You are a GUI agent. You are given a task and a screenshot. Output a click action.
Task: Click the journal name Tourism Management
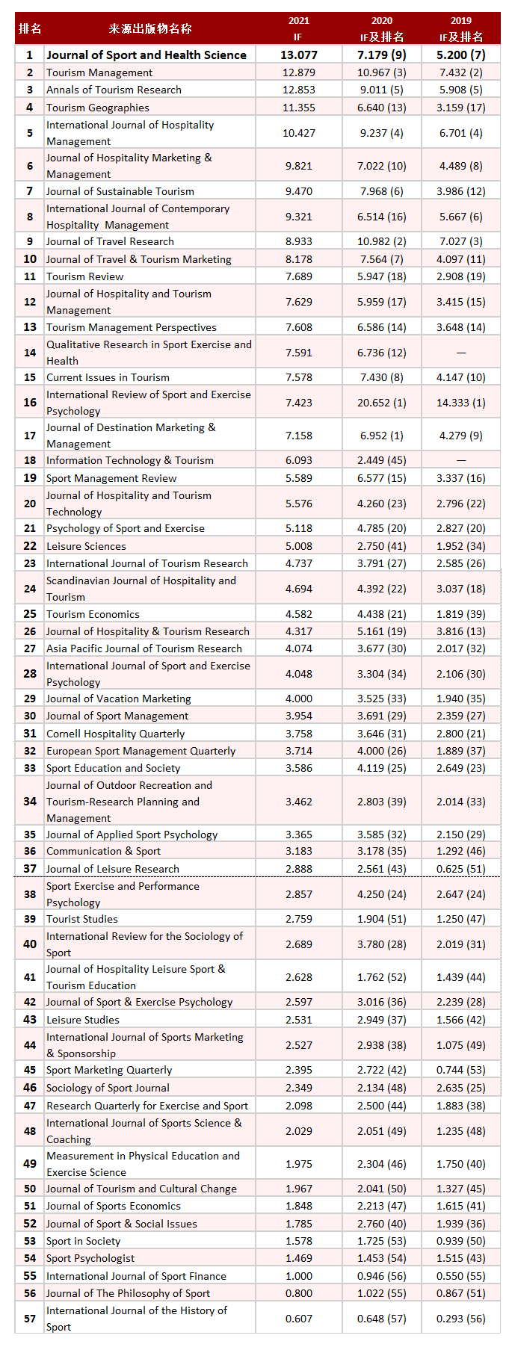click(99, 72)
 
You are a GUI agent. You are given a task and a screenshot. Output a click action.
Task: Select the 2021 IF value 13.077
click(299, 55)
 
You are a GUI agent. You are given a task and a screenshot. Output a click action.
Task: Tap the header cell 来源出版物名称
click(149, 29)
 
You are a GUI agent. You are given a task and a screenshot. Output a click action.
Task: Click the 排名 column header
click(30, 29)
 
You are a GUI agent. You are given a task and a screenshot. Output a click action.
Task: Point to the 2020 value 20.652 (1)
click(381, 403)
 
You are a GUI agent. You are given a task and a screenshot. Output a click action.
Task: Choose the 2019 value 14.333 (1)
click(460, 403)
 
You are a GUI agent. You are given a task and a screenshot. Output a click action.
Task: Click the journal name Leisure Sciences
click(86, 546)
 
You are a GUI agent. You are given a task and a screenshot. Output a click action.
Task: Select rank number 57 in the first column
click(30, 1319)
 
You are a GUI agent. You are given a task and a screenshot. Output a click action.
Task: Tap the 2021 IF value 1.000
click(299, 1276)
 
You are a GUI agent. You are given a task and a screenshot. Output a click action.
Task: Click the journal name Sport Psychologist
click(90, 1258)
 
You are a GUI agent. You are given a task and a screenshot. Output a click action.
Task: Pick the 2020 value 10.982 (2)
click(381, 241)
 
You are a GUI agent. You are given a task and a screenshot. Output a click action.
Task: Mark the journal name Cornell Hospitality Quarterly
click(115, 734)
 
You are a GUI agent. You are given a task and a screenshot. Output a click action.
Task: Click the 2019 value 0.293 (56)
click(460, 1319)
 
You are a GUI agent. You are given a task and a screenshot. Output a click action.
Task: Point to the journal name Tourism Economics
click(93, 614)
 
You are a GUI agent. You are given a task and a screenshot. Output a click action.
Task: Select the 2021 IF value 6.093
click(299, 460)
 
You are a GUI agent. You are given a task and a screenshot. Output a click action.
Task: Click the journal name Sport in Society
click(83, 1241)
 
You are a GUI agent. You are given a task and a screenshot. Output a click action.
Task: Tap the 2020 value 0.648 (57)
click(381, 1319)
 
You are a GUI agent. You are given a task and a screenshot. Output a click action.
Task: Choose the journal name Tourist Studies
click(82, 919)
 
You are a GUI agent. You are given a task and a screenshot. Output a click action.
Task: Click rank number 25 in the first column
click(30, 614)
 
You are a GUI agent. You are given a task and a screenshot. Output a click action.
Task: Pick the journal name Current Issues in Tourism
click(108, 377)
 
